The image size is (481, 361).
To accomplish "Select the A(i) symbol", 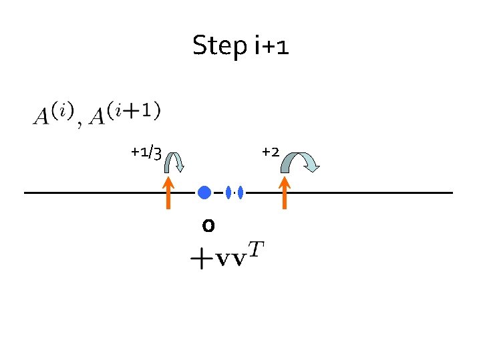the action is (x=50, y=113).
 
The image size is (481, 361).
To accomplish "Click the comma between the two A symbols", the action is (x=81, y=124).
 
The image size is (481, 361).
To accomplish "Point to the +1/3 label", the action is (x=146, y=152).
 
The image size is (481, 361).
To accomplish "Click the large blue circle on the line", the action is (x=204, y=193).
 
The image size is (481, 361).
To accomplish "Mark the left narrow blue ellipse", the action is (x=228, y=193).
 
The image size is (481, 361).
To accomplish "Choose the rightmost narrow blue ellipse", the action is (x=240, y=193).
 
